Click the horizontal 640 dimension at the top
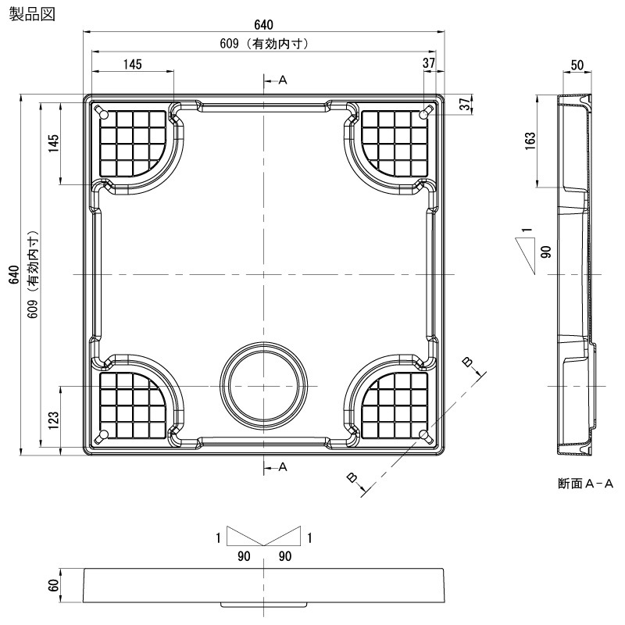[x=264, y=24]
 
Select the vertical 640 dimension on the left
[x=12, y=275]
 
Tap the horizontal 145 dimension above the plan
[x=133, y=63]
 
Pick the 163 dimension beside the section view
[x=530, y=140]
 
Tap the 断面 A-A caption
[x=585, y=484]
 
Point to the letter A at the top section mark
[x=283, y=80]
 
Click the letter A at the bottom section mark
[x=283, y=467]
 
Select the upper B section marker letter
[x=466, y=360]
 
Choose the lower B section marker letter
[x=352, y=476]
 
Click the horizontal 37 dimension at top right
[x=429, y=63]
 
